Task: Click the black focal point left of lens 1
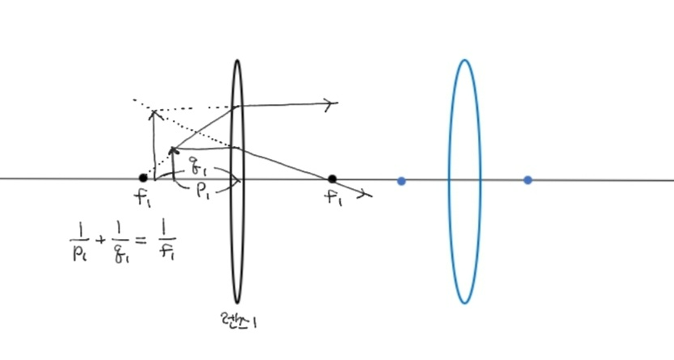(143, 178)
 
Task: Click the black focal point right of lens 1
(332, 178)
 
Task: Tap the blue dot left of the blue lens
(401, 180)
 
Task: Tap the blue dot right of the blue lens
(528, 180)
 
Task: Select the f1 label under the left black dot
(143, 198)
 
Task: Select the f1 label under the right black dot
(334, 199)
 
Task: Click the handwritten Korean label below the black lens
(238, 321)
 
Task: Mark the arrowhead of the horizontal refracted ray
(332, 103)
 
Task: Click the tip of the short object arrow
(172, 149)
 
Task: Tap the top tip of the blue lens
(464, 60)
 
